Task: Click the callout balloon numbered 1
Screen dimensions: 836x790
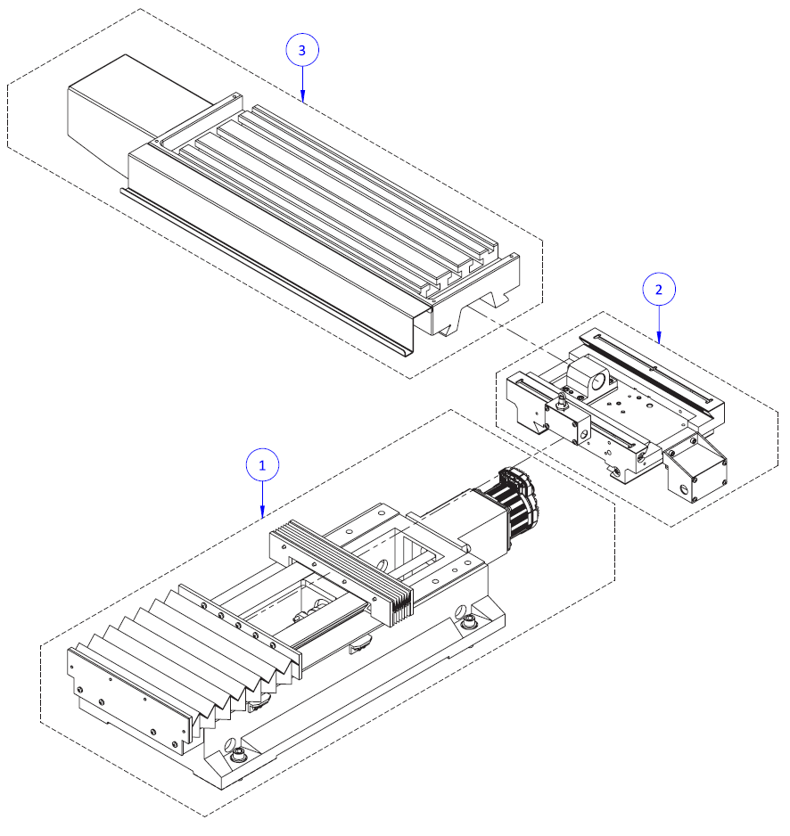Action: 262,464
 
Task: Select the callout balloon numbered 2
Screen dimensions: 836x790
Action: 659,289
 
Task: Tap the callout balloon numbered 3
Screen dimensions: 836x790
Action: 301,51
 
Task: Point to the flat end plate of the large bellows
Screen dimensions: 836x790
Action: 129,695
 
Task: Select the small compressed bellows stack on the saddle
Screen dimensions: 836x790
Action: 343,570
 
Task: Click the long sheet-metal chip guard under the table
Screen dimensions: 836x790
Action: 267,267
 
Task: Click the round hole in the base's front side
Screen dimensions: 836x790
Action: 230,743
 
